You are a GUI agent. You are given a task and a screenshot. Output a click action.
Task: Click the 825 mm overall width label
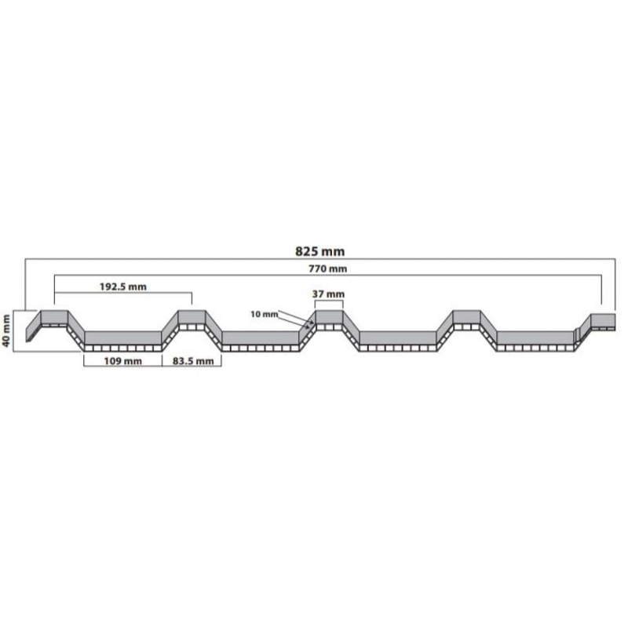319,251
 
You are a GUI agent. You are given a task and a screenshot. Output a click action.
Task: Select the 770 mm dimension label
327,268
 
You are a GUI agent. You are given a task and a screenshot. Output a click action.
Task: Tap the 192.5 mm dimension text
123,287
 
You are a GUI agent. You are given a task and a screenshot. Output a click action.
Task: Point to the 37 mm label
328,294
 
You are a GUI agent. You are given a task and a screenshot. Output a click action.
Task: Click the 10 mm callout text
264,315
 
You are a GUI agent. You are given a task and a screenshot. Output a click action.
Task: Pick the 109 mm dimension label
122,361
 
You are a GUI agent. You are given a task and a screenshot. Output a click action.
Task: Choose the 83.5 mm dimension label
193,361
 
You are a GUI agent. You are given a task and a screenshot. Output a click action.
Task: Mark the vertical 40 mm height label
6,331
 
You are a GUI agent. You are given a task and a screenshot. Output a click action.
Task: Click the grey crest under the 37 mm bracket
329,318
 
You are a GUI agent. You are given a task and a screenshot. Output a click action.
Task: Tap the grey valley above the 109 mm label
123,338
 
